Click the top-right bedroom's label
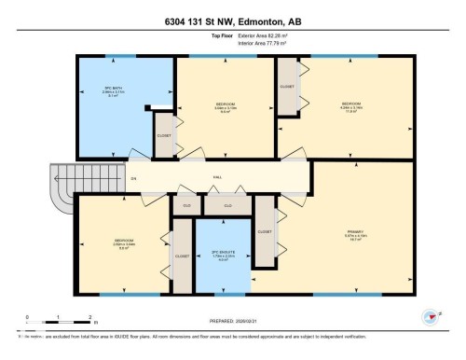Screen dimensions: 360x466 (350, 105)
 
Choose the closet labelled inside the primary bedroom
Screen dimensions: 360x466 (264, 230)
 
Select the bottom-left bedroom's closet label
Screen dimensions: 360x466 (182, 255)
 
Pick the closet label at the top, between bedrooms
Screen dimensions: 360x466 (287, 86)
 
